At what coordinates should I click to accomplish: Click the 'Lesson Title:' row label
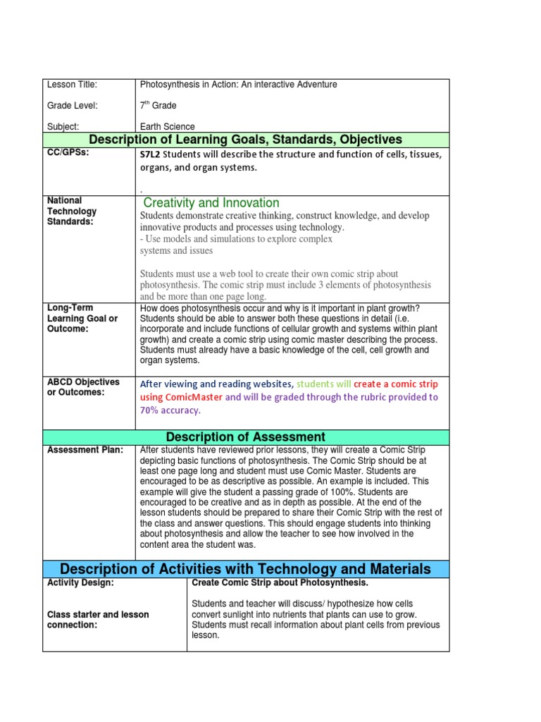(x=72, y=85)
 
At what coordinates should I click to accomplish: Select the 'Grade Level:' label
(x=72, y=106)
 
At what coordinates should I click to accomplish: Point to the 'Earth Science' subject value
(x=168, y=127)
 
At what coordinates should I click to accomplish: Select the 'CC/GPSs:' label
(x=68, y=153)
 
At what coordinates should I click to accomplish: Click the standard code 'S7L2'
(x=151, y=154)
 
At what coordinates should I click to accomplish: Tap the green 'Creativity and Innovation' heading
(x=211, y=203)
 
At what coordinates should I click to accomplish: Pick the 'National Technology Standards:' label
(x=71, y=211)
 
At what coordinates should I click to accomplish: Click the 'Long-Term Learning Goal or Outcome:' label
(x=82, y=318)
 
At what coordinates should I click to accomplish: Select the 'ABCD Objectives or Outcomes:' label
(x=83, y=387)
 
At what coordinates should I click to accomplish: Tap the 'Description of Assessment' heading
(x=246, y=437)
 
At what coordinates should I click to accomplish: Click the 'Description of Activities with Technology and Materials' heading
(x=246, y=569)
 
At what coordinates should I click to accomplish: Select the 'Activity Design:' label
(x=80, y=583)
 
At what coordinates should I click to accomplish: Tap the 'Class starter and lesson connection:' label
(x=98, y=620)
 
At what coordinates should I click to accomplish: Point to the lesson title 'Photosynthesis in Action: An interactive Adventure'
(x=239, y=85)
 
